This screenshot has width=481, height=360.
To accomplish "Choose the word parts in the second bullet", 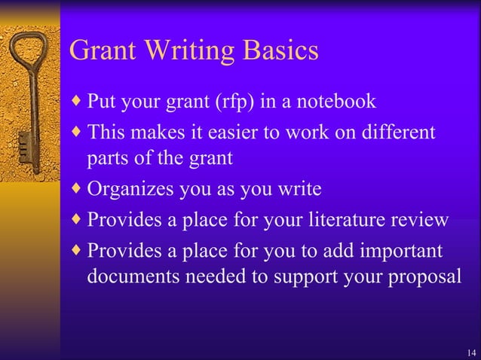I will click(x=106, y=160).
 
